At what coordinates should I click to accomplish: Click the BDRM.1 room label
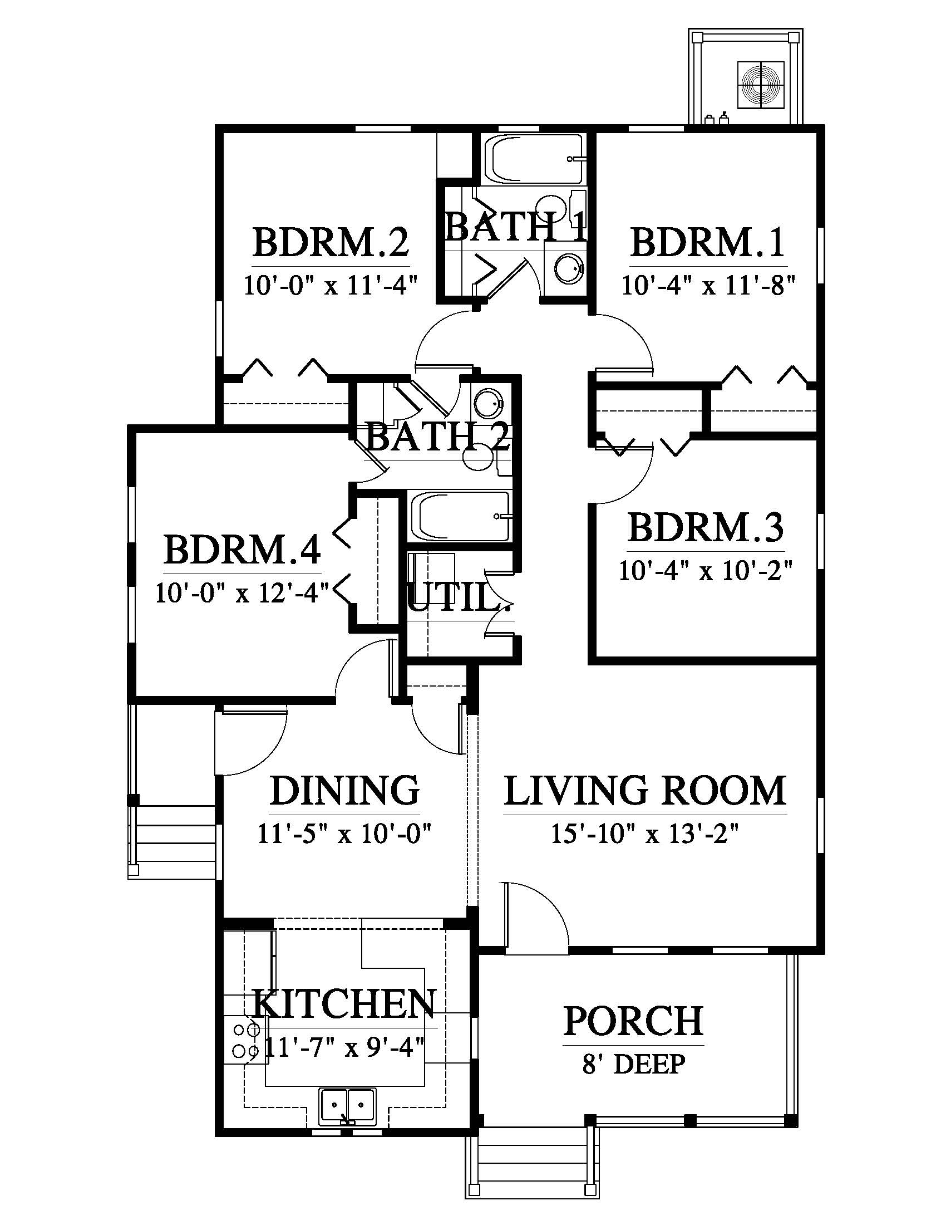[x=708, y=242]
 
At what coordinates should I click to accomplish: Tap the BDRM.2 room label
[x=331, y=242]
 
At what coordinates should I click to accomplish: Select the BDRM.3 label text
[x=706, y=528]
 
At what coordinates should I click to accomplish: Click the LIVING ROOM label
[x=645, y=791]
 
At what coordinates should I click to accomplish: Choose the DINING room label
[x=344, y=791]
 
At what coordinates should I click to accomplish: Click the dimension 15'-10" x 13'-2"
[x=645, y=834]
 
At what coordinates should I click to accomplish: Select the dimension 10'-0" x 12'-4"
[x=242, y=592]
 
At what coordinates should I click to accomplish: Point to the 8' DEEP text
[x=633, y=1064]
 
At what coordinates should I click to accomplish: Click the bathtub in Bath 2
[x=460, y=516]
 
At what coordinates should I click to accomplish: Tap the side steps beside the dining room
[x=172, y=842]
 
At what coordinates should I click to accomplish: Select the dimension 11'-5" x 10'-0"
[x=344, y=834]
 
